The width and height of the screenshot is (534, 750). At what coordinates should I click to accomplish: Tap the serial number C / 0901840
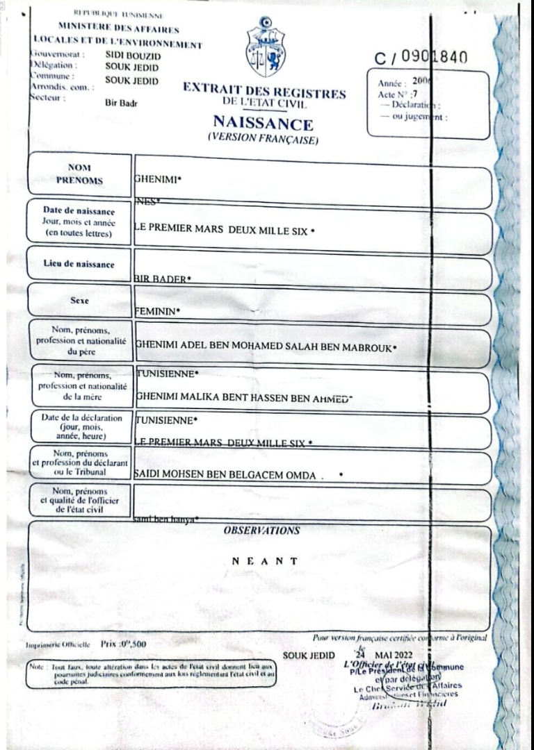click(x=420, y=58)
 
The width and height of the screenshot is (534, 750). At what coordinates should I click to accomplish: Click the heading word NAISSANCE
click(x=264, y=125)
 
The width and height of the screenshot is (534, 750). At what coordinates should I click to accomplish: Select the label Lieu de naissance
click(x=79, y=264)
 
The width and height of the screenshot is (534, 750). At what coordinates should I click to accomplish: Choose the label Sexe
click(x=79, y=302)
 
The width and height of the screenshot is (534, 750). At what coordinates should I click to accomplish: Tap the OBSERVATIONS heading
click(x=261, y=531)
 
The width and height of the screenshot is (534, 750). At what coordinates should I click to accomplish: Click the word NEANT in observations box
click(x=265, y=561)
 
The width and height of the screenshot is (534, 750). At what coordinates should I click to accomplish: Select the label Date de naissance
click(x=79, y=210)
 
